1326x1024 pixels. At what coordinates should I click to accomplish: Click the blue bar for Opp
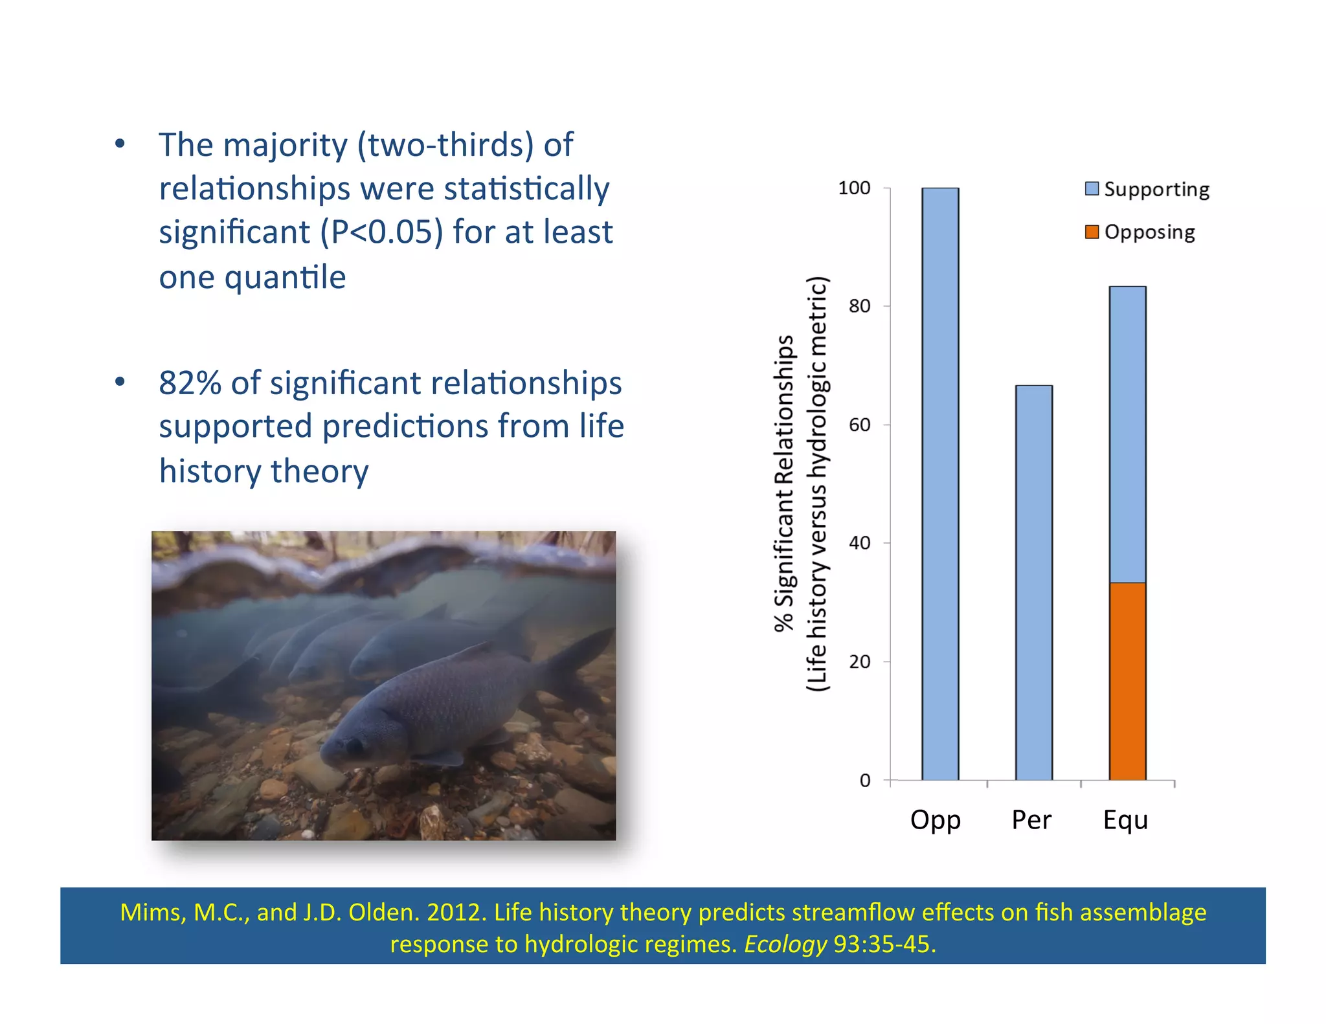pos(940,484)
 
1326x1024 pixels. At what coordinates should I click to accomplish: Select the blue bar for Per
pos(1033,583)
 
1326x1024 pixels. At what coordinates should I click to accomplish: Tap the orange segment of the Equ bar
pos(1127,681)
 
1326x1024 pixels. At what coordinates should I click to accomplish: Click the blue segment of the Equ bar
pos(1127,434)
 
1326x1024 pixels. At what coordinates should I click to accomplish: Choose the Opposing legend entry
pos(1140,232)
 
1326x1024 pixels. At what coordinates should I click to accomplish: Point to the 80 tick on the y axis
pos(860,306)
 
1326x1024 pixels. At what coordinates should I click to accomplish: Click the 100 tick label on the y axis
pos(854,188)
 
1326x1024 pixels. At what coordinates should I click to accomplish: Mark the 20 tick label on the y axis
pos(860,662)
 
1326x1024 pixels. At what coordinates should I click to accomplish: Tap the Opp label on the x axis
pos(935,820)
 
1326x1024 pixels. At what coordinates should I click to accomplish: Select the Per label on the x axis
pos(1031,820)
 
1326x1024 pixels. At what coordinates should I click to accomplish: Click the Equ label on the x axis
pos(1125,820)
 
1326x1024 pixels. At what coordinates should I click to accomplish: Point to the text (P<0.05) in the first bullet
pos(382,232)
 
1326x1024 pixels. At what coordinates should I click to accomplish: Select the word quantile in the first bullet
pos(285,278)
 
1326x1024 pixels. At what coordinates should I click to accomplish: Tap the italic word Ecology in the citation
pos(785,944)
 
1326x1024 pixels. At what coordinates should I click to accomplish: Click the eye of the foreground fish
pos(354,746)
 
